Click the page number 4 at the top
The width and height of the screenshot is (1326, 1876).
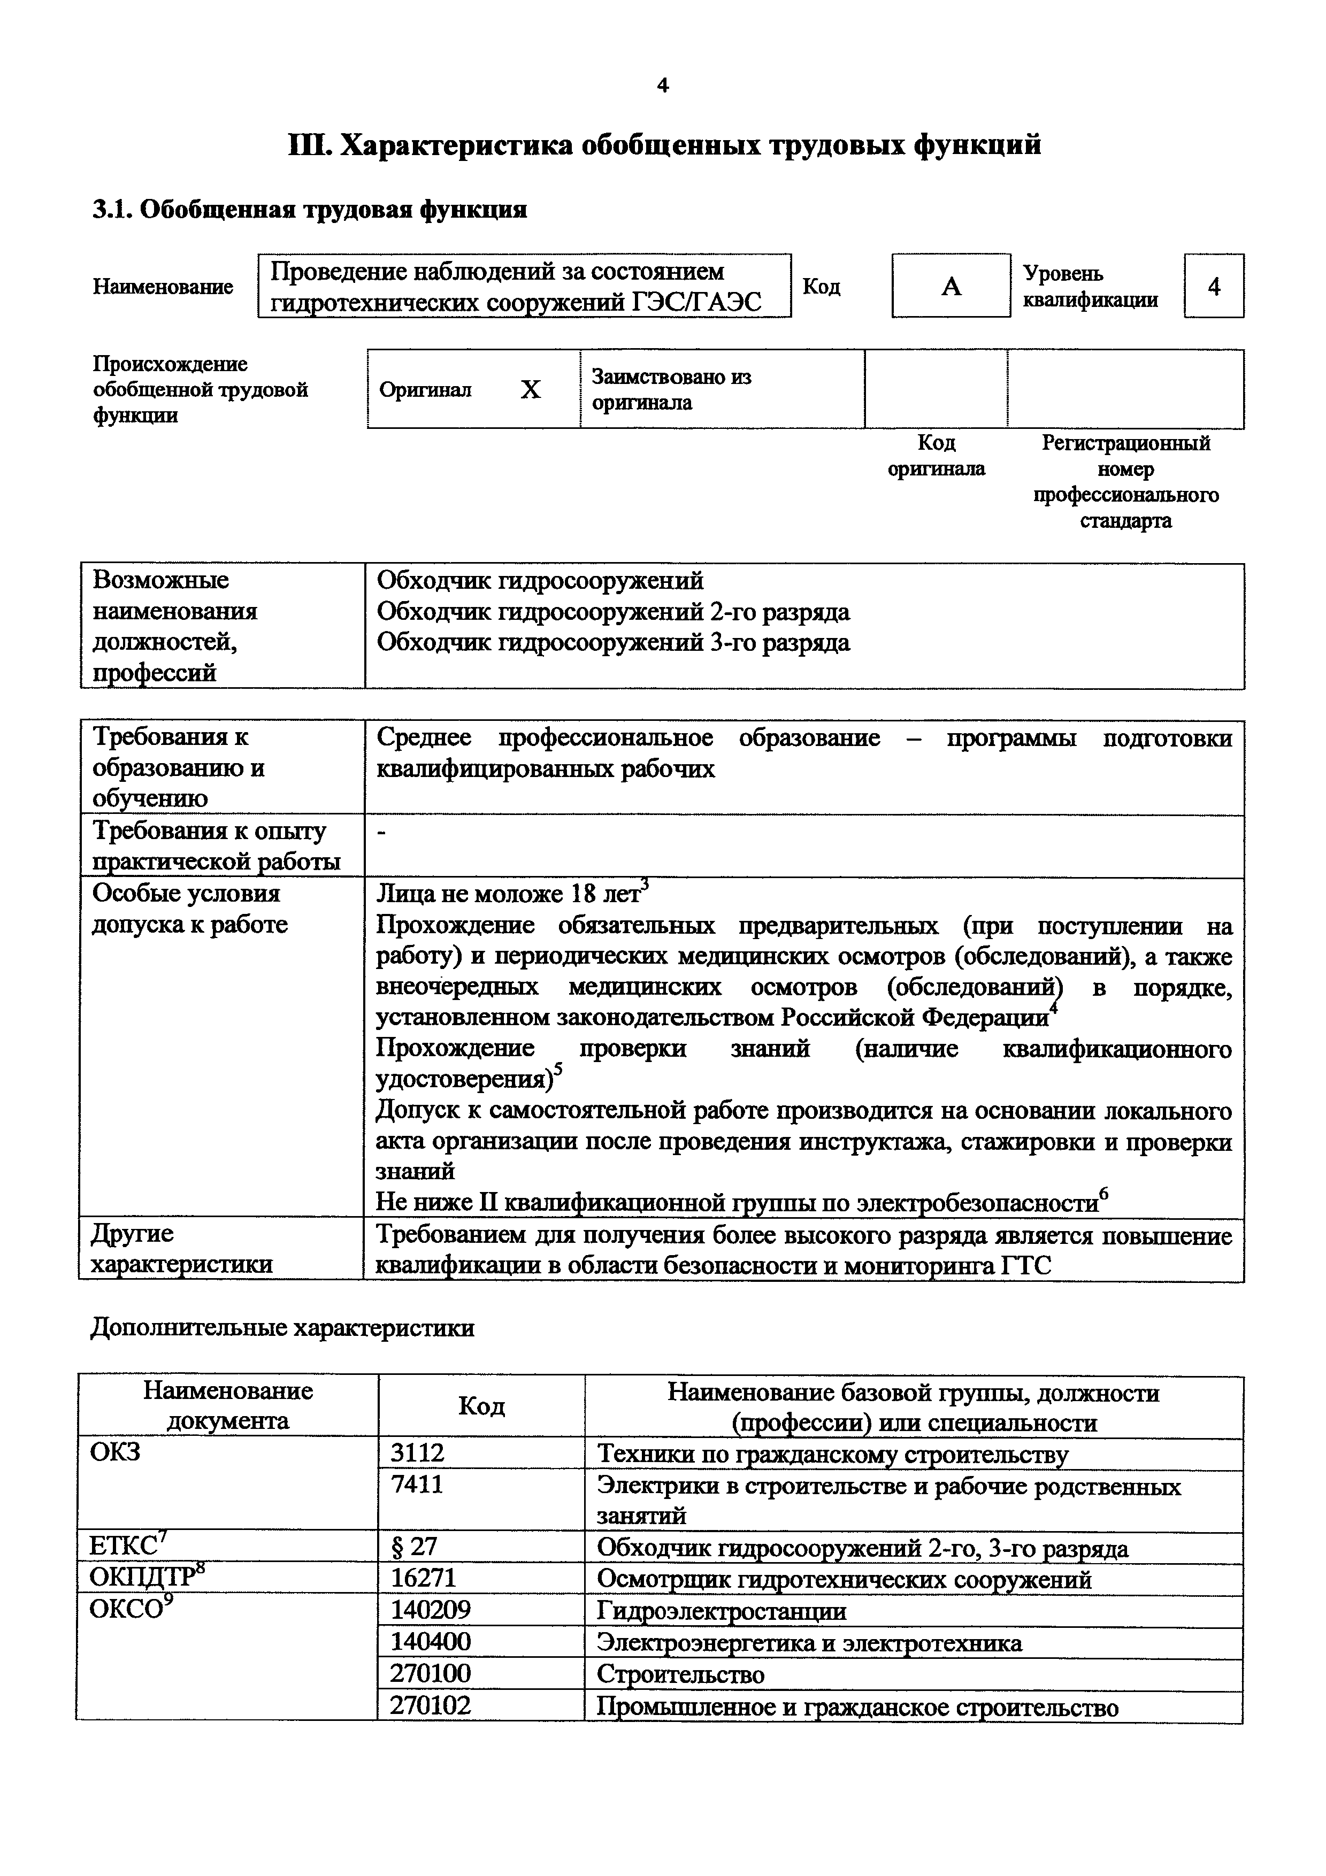(663, 85)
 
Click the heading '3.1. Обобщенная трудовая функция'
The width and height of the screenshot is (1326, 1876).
(310, 210)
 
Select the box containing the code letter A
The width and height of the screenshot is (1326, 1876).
(950, 286)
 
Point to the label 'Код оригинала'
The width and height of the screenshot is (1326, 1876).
(936, 456)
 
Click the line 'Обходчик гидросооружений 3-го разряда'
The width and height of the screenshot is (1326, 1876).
(613, 643)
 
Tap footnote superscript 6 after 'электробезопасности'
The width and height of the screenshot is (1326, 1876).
(1104, 1194)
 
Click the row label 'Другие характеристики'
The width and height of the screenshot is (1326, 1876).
(181, 1249)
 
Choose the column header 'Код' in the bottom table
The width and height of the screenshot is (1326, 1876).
(481, 1406)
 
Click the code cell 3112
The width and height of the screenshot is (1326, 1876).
(418, 1453)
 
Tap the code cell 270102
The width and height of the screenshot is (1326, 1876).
(431, 1705)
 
